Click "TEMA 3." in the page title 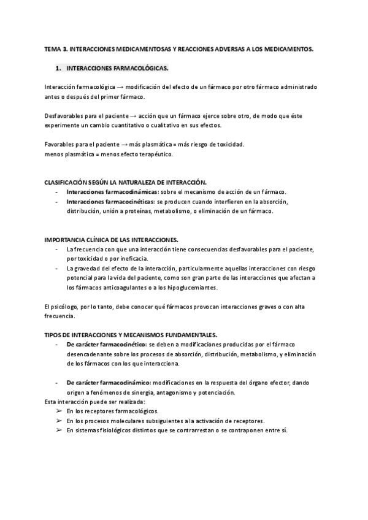point(56,48)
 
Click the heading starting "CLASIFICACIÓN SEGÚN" point(126,183)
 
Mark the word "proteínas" point(140,211)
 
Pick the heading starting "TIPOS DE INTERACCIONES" point(131,335)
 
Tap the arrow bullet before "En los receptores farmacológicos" point(59,411)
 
